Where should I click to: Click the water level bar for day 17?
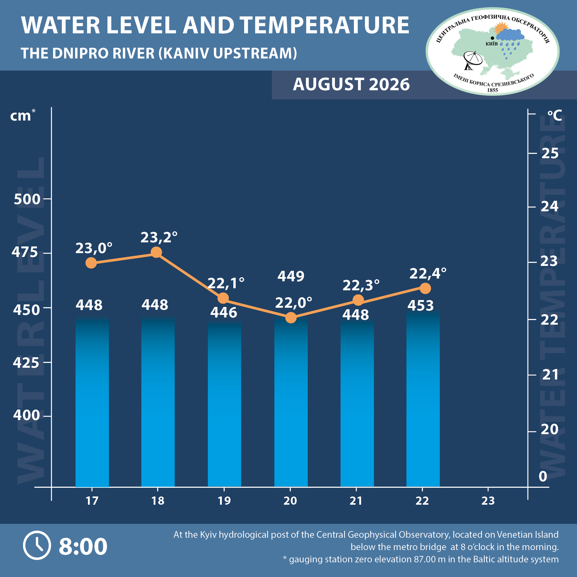point(92,402)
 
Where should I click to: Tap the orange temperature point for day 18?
point(156,252)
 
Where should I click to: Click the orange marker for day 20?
point(291,317)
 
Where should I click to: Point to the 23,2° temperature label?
point(159,237)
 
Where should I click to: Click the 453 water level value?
point(421,305)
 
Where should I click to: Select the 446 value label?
point(224,312)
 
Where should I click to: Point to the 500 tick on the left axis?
point(27,199)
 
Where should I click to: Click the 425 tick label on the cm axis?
point(26,363)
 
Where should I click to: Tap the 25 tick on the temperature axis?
point(550,153)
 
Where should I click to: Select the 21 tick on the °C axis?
point(550,374)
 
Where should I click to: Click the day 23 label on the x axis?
point(488,501)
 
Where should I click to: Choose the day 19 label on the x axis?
point(224,501)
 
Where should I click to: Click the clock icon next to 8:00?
point(37,545)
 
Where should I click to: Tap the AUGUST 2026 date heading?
point(351,84)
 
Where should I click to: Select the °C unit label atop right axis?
point(555,115)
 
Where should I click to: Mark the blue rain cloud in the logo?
point(510,35)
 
